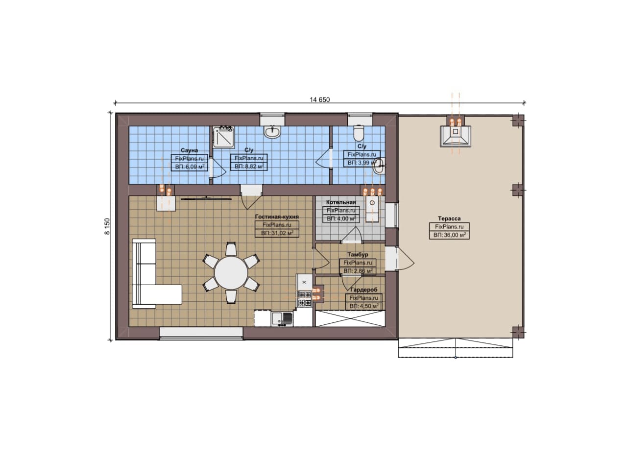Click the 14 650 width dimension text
click(x=320, y=99)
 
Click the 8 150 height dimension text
click(x=108, y=226)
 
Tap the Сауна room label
click(x=189, y=150)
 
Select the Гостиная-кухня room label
click(x=277, y=217)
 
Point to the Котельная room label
click(x=341, y=202)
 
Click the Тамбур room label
click(x=358, y=255)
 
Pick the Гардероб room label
click(x=363, y=290)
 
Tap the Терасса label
click(x=449, y=218)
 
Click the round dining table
click(x=231, y=273)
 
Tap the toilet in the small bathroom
click(x=359, y=133)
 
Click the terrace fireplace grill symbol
click(x=456, y=136)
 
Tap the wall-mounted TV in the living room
click(x=206, y=199)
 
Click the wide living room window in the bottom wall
click(x=201, y=333)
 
